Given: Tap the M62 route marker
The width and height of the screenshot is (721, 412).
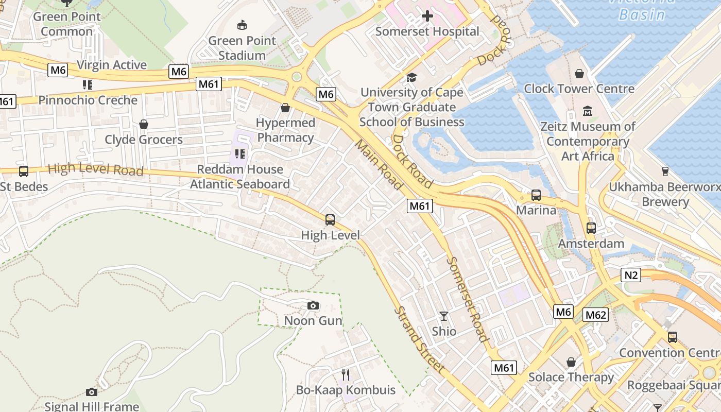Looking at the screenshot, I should click(x=596, y=315).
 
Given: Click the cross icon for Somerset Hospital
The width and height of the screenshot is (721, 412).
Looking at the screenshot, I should click(x=427, y=16).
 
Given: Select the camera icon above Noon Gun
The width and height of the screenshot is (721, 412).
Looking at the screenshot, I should click(x=313, y=306).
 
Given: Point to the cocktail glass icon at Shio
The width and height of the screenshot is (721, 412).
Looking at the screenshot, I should click(x=444, y=316).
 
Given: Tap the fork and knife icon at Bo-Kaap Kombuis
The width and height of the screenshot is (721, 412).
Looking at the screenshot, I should click(x=346, y=374).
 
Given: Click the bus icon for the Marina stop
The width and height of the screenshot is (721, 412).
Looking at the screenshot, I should click(x=536, y=195).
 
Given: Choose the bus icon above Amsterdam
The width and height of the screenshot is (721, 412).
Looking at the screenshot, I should click(x=591, y=228).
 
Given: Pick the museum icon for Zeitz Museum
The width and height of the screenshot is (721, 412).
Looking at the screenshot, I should click(x=588, y=111).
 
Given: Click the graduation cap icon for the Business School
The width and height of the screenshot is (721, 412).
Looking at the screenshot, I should click(x=411, y=77).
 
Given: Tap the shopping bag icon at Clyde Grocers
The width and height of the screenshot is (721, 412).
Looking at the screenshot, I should click(x=144, y=124).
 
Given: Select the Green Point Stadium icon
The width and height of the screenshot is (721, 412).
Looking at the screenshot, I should click(x=242, y=25).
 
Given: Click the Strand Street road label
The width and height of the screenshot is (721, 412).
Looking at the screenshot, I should click(x=419, y=340).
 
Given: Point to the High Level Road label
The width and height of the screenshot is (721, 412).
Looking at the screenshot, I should click(x=95, y=169).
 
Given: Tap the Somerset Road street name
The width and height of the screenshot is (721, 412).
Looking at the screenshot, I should click(x=466, y=299).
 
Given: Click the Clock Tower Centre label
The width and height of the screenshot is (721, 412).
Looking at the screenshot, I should click(x=579, y=89).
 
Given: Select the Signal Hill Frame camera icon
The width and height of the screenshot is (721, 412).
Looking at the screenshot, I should click(x=92, y=392).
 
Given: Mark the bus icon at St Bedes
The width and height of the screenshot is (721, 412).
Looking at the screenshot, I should click(x=23, y=171).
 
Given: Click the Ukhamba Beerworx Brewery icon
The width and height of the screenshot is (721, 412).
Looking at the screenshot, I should click(x=665, y=171).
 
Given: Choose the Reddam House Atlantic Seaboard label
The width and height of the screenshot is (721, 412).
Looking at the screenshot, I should click(x=240, y=177).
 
